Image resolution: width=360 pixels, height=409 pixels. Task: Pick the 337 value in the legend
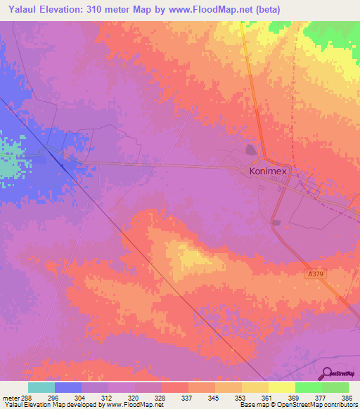[x=188, y=398]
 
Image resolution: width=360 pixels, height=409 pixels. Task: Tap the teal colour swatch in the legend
[x=41, y=387]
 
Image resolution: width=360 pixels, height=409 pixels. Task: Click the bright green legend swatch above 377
[x=308, y=387]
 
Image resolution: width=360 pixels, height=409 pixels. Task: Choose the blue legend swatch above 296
[x=68, y=387]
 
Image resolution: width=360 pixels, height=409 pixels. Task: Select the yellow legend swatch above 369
[x=281, y=387]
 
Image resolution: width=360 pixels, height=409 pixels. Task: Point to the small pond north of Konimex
[x=251, y=150]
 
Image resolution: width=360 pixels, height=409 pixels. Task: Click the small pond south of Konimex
[x=276, y=223]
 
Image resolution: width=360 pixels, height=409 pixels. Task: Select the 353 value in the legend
[x=241, y=398]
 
